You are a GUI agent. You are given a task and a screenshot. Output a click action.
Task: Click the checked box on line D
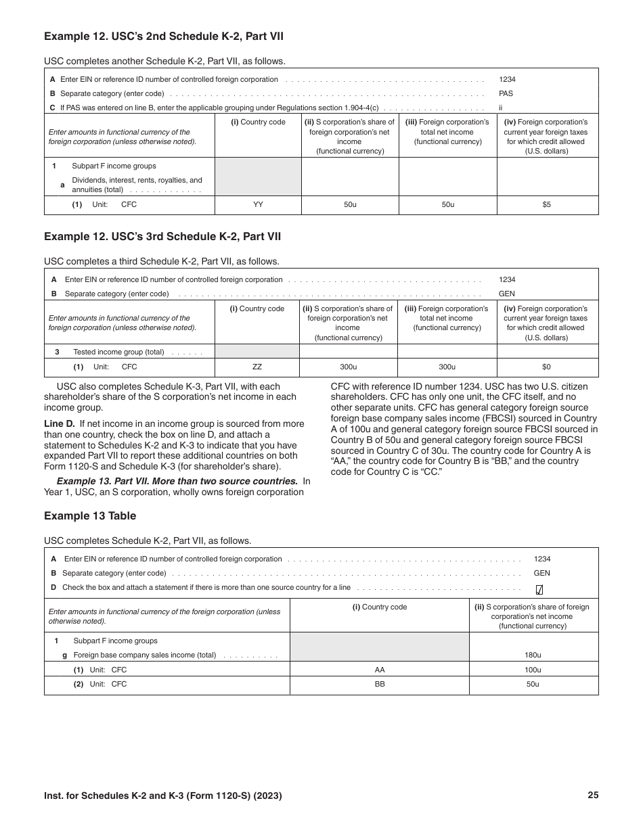tap(539, 589)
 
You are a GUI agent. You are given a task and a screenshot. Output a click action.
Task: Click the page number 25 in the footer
tap(593, 795)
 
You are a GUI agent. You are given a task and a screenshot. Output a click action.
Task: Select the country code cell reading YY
tap(258, 204)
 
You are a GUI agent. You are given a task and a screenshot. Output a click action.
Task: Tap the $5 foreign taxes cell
tap(547, 204)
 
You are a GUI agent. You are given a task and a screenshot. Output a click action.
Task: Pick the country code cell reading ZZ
tap(257, 367)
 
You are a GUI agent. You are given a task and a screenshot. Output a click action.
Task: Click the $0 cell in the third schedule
tap(547, 367)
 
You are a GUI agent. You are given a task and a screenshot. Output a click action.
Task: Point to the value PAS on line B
tap(506, 93)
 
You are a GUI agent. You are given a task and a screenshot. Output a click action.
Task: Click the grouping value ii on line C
tap(501, 108)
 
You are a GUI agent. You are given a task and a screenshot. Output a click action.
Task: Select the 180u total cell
tap(533, 655)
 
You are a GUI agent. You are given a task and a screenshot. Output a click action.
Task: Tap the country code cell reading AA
tap(380, 670)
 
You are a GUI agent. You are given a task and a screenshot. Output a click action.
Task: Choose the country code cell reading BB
tap(380, 684)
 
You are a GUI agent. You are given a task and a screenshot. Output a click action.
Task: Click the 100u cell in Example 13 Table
tap(533, 670)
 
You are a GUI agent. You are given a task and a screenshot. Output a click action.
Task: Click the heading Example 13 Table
tap(90, 515)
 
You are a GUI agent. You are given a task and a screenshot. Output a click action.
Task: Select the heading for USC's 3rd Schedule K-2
tap(162, 236)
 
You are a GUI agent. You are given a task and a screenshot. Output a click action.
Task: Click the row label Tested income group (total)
tap(118, 352)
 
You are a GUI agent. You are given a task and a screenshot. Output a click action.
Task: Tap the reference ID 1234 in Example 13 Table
tap(542, 559)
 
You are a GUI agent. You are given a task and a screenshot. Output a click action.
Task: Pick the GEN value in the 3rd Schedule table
tap(506, 294)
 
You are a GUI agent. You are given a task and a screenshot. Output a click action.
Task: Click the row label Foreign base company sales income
tap(144, 655)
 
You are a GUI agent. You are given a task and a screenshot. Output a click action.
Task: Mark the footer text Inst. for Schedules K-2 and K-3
tap(162, 796)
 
